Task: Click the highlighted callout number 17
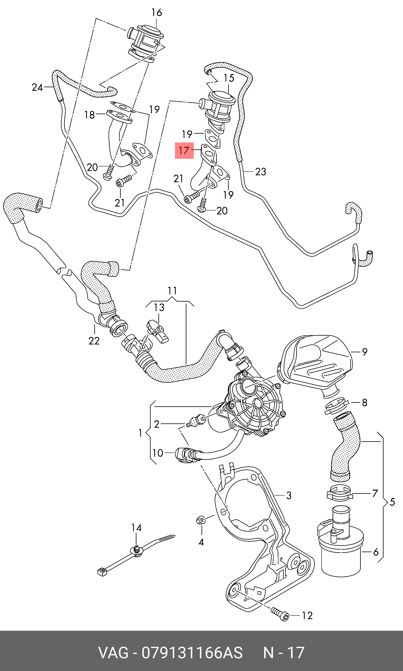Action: click(184, 150)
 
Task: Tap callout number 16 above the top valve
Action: click(157, 13)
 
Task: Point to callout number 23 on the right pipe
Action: click(261, 172)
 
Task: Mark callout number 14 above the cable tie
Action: click(136, 528)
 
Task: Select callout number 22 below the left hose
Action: click(94, 341)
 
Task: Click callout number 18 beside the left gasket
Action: click(90, 115)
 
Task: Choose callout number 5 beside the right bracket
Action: click(392, 502)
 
